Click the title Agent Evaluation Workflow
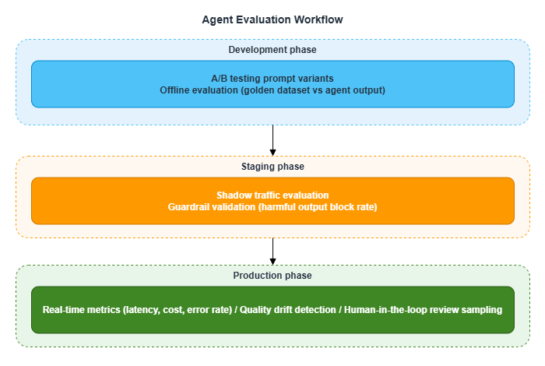(x=272, y=19)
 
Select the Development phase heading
(x=272, y=50)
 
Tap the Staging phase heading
(x=272, y=167)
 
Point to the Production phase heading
(x=272, y=276)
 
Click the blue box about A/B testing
(x=272, y=83)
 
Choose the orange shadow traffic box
(x=272, y=200)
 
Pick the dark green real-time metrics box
(x=272, y=310)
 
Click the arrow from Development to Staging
(x=272, y=140)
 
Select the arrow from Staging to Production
(x=272, y=252)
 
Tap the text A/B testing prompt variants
(x=272, y=79)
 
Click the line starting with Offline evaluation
(x=272, y=90)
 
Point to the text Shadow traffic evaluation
(x=272, y=195)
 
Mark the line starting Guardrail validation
(x=272, y=206)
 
